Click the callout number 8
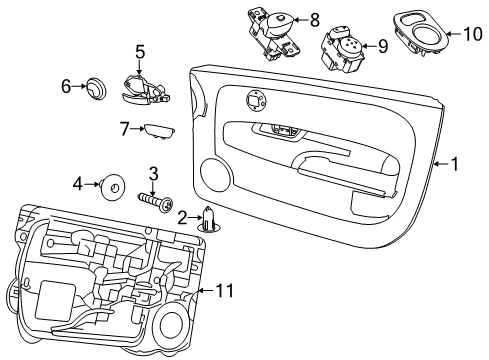(315, 20)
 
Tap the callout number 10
(473, 34)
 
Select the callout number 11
(225, 291)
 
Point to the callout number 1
(454, 164)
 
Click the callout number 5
(140, 53)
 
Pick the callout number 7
(124, 129)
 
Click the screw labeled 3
(156, 201)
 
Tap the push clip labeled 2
(209, 220)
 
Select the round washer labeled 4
(113, 187)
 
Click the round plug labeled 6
(96, 87)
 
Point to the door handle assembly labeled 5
(145, 89)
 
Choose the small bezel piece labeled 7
(159, 131)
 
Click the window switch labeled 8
(274, 34)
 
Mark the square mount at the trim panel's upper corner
(256, 99)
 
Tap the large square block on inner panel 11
(55, 301)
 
